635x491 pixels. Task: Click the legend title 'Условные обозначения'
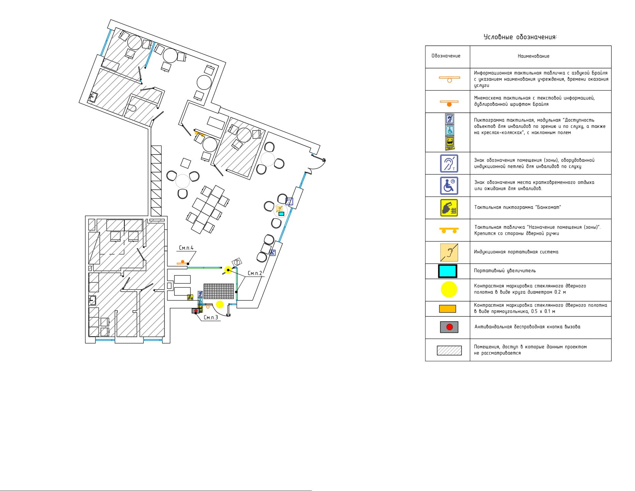(520, 37)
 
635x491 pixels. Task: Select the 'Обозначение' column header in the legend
(446, 56)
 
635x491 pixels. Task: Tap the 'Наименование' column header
(533, 56)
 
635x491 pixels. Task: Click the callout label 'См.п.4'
(186, 248)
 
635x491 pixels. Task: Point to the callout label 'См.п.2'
(255, 273)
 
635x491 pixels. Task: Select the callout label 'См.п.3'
(211, 318)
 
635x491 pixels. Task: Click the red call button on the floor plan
(196, 311)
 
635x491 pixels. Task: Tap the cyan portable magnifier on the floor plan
(281, 214)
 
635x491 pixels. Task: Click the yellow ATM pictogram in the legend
(449, 208)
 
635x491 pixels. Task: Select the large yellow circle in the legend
(449, 289)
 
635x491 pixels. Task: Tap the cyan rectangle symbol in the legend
(448, 271)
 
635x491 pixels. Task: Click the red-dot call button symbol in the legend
(449, 327)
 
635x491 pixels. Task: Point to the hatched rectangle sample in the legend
(449, 351)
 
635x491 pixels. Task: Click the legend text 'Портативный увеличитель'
(505, 271)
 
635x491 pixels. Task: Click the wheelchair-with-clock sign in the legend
(449, 186)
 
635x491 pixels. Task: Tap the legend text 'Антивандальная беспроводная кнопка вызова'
(527, 327)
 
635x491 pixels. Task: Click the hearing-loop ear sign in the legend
(449, 163)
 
